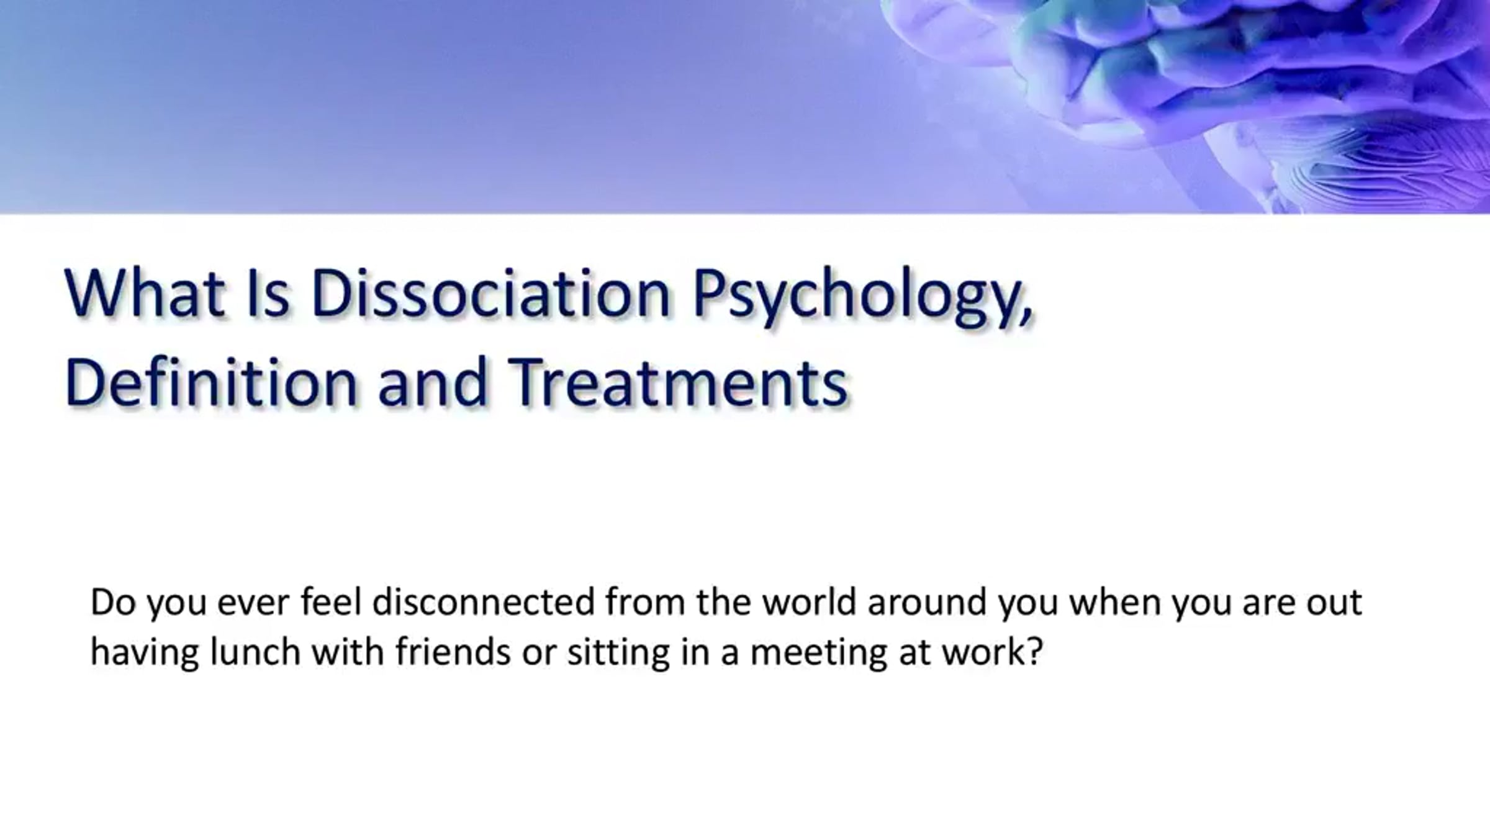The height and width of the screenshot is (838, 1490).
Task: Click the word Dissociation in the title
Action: point(490,293)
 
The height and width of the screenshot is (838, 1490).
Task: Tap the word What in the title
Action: point(145,293)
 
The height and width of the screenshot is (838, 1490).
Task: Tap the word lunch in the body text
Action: point(255,652)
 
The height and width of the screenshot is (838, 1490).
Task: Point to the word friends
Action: point(453,652)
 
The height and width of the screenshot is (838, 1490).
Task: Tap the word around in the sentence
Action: point(927,601)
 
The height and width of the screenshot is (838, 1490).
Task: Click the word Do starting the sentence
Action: point(113,601)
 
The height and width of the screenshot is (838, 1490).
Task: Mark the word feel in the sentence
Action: point(331,601)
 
